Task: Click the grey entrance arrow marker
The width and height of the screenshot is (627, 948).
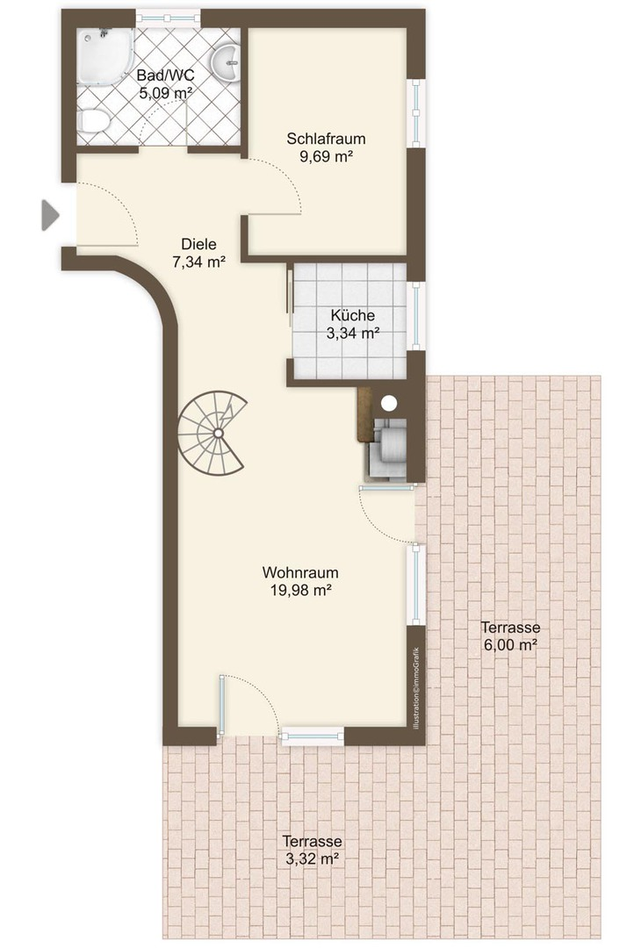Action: point(49,215)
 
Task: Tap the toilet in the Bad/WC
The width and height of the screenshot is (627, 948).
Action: point(93,121)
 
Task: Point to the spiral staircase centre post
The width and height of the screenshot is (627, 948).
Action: point(218,432)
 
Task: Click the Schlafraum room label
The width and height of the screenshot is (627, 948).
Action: point(326,139)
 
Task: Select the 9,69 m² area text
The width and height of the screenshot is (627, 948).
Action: point(326,156)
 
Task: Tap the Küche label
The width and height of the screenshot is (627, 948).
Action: point(352,315)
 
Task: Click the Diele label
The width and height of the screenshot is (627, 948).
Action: point(199,244)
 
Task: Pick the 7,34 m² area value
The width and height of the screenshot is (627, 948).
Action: point(199,262)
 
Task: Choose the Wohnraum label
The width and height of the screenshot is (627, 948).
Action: point(300,572)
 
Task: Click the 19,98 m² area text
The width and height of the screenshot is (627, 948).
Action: point(300,590)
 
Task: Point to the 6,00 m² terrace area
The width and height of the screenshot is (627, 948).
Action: point(510,644)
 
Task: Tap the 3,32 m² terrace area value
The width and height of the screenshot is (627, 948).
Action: point(312,858)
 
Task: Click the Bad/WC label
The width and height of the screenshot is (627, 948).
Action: point(166,75)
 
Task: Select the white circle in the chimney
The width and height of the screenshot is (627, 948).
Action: point(389,401)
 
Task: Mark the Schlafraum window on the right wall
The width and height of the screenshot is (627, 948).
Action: point(416,113)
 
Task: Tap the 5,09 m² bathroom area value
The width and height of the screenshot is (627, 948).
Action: point(166,93)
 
